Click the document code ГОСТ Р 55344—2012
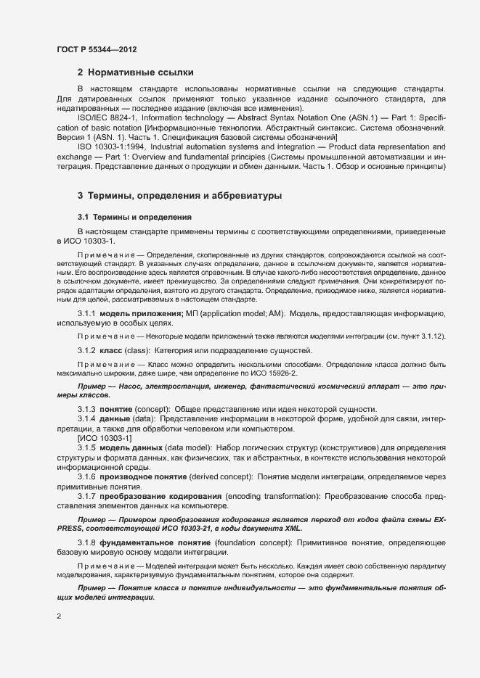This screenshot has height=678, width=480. (x=96, y=49)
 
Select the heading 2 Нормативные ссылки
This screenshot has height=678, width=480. (x=135, y=72)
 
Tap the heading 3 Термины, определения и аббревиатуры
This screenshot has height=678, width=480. (x=179, y=196)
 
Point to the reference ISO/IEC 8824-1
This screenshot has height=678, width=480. (x=107, y=117)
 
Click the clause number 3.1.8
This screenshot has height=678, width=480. (x=87, y=542)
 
